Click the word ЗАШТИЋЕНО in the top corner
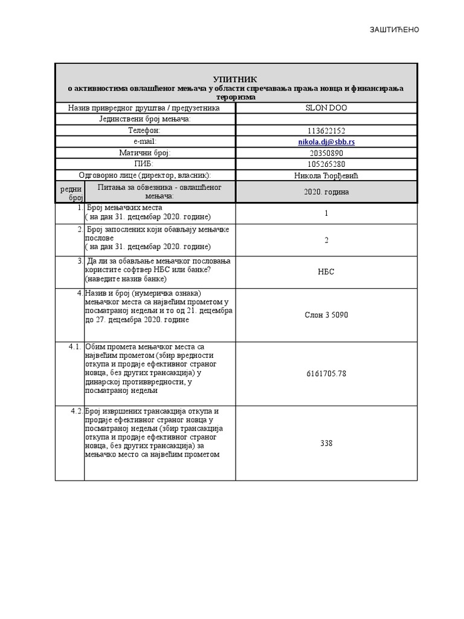tap(394, 30)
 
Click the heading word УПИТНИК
tap(235, 79)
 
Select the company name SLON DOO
tap(326, 108)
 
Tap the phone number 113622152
tap(326, 131)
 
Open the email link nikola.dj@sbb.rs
tap(326, 141)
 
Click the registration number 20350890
tap(326, 153)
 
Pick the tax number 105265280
tap(326, 164)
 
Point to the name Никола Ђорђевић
tap(326, 175)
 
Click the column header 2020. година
tap(326, 192)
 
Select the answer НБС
tap(326, 272)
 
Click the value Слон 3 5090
tap(326, 315)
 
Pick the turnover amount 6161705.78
tap(326, 374)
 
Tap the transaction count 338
tap(326, 443)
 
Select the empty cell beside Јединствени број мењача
tap(326, 119)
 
